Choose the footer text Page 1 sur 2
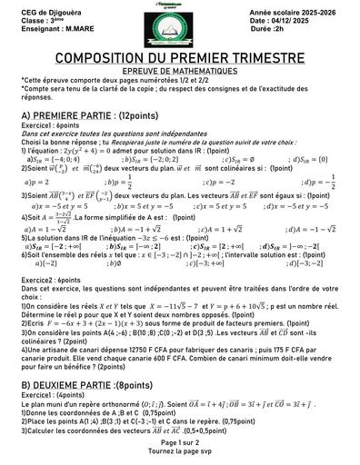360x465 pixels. (180, 441)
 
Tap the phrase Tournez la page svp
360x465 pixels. (180, 450)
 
